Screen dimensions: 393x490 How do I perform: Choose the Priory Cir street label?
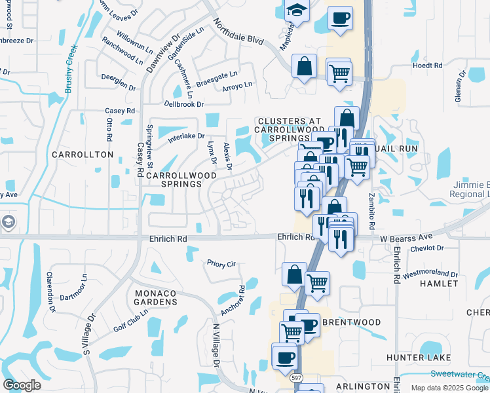[221, 264]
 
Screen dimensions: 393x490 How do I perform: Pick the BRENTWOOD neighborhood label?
[352, 322]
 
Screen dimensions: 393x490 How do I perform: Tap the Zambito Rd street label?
[371, 210]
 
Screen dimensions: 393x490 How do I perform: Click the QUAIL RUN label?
[390, 149]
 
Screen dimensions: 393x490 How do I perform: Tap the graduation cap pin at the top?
[297, 11]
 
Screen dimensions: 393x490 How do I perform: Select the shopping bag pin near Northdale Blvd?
[305, 66]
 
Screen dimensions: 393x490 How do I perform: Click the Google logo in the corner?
[22, 384]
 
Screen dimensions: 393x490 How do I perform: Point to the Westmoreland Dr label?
[430, 274]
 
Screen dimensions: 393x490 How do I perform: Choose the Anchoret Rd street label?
[232, 300]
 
